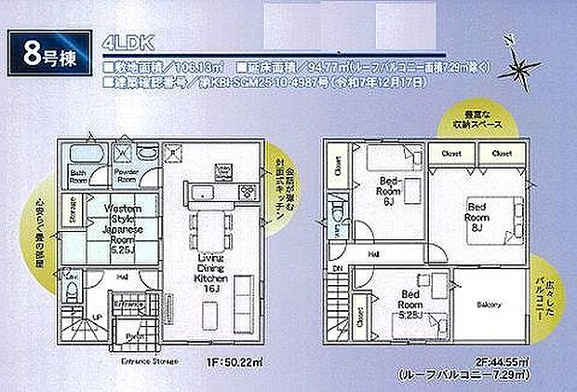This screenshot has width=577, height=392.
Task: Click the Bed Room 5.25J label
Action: pyautogui.click(x=413, y=304)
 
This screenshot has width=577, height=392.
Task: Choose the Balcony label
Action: pyautogui.click(x=490, y=305)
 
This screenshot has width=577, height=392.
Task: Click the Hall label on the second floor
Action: pyautogui.click(x=372, y=252)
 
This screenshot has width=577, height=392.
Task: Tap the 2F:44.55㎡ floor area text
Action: pyautogui.click(x=496, y=359)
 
